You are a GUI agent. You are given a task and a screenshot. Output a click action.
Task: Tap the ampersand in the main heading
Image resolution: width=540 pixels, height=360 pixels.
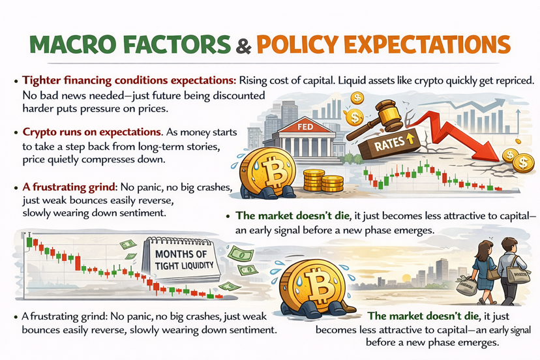(243, 45)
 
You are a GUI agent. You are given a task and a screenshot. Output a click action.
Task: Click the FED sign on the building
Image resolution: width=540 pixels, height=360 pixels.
(305, 127)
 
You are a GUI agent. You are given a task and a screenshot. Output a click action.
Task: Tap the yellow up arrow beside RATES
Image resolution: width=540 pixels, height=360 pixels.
(410, 138)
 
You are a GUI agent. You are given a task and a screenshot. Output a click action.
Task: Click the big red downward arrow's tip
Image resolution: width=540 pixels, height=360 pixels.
(499, 160)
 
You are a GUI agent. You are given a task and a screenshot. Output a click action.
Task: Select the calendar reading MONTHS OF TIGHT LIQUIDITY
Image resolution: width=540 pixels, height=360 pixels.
(183, 258)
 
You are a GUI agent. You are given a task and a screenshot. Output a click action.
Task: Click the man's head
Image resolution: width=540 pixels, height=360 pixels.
(506, 245)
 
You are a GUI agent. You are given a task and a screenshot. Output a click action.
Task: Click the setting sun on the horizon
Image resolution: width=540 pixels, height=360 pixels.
(406, 278)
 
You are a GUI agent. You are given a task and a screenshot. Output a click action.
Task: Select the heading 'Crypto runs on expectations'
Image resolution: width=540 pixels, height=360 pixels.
(92, 132)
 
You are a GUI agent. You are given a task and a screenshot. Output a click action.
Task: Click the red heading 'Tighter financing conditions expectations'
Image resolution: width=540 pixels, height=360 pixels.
(128, 81)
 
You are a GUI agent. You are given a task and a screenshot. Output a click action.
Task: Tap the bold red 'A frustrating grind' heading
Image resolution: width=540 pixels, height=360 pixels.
(70, 187)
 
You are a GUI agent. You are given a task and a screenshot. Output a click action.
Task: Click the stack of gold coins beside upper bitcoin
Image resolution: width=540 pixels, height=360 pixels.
(323, 181)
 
